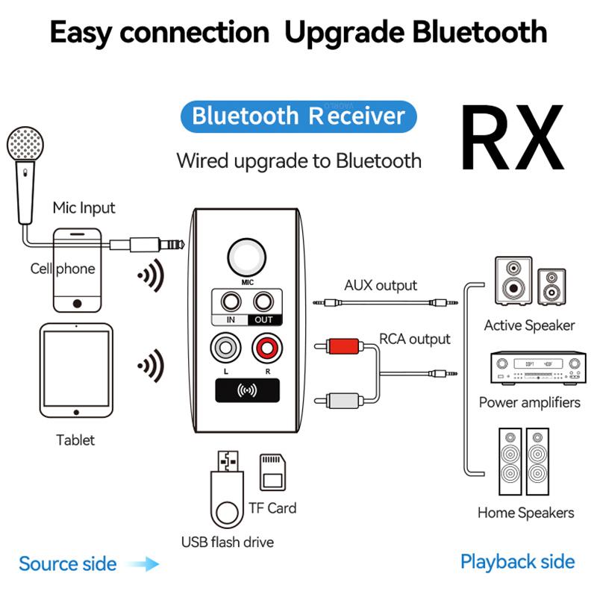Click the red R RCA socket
click(x=265, y=347)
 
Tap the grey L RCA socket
click(x=225, y=347)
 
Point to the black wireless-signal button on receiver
click(x=246, y=390)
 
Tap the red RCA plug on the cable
click(x=337, y=346)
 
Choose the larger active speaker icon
click(x=513, y=280)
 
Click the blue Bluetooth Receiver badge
click(x=298, y=116)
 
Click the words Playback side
click(x=517, y=562)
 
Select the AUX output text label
click(x=381, y=285)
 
